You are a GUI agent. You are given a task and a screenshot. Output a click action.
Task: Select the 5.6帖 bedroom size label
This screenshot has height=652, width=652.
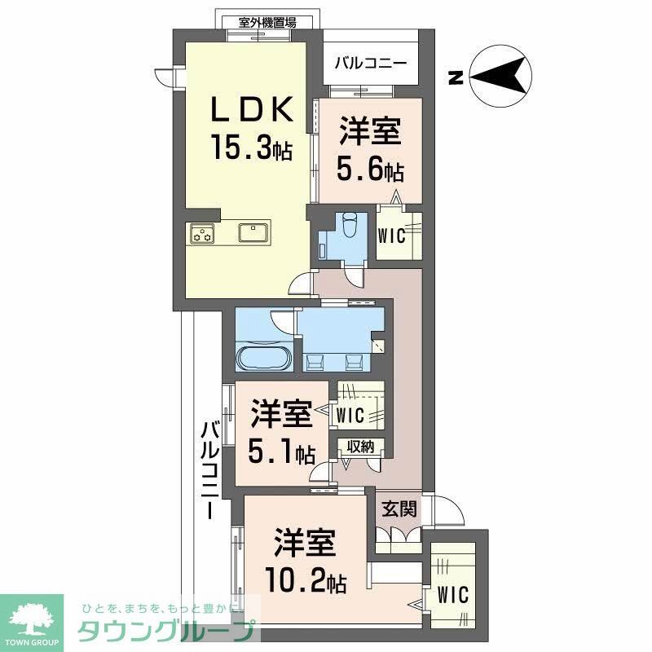point(371,170)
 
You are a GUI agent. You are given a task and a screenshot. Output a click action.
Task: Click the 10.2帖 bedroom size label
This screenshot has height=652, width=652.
point(306,581)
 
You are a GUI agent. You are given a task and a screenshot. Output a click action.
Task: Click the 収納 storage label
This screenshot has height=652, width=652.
point(362,447)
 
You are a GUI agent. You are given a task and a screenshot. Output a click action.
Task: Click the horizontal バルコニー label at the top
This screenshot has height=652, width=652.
point(372,63)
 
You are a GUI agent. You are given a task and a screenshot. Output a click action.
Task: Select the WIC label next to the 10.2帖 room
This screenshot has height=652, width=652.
point(452,595)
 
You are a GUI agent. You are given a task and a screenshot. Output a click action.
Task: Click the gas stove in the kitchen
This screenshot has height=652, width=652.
point(202,234)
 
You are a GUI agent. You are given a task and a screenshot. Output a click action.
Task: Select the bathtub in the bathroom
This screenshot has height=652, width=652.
point(262,357)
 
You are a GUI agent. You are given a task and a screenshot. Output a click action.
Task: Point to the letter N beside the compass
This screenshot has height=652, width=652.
point(456,79)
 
